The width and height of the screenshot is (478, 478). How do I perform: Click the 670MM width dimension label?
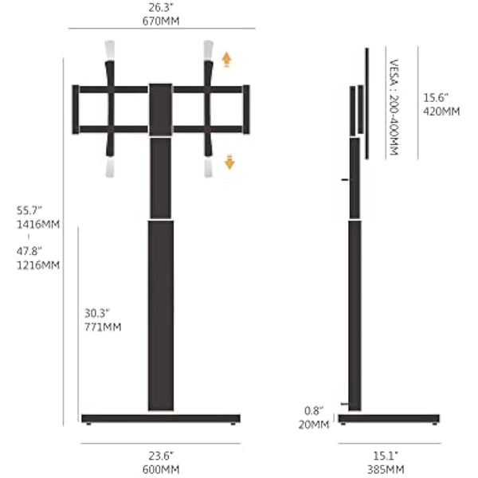162,20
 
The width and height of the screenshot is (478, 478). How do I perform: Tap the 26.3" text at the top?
162,7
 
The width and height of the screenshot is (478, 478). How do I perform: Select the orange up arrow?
227,58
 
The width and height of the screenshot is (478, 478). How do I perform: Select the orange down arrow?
229,163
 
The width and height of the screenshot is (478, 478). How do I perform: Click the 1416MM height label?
38,224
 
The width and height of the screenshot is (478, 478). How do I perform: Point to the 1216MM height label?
38,265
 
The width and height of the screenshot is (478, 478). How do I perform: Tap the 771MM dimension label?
103,327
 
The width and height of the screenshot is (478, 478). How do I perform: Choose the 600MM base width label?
161,468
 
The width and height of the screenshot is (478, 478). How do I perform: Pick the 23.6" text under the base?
162,456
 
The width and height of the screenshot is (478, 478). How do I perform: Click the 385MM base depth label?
388,468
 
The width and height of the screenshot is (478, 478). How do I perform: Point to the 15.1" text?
387,456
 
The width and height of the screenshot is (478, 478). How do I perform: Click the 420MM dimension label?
441,111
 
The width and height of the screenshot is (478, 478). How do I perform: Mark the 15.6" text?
437,97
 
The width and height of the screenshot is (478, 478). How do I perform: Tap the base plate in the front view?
161,418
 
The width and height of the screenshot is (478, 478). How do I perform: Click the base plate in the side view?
389,418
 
